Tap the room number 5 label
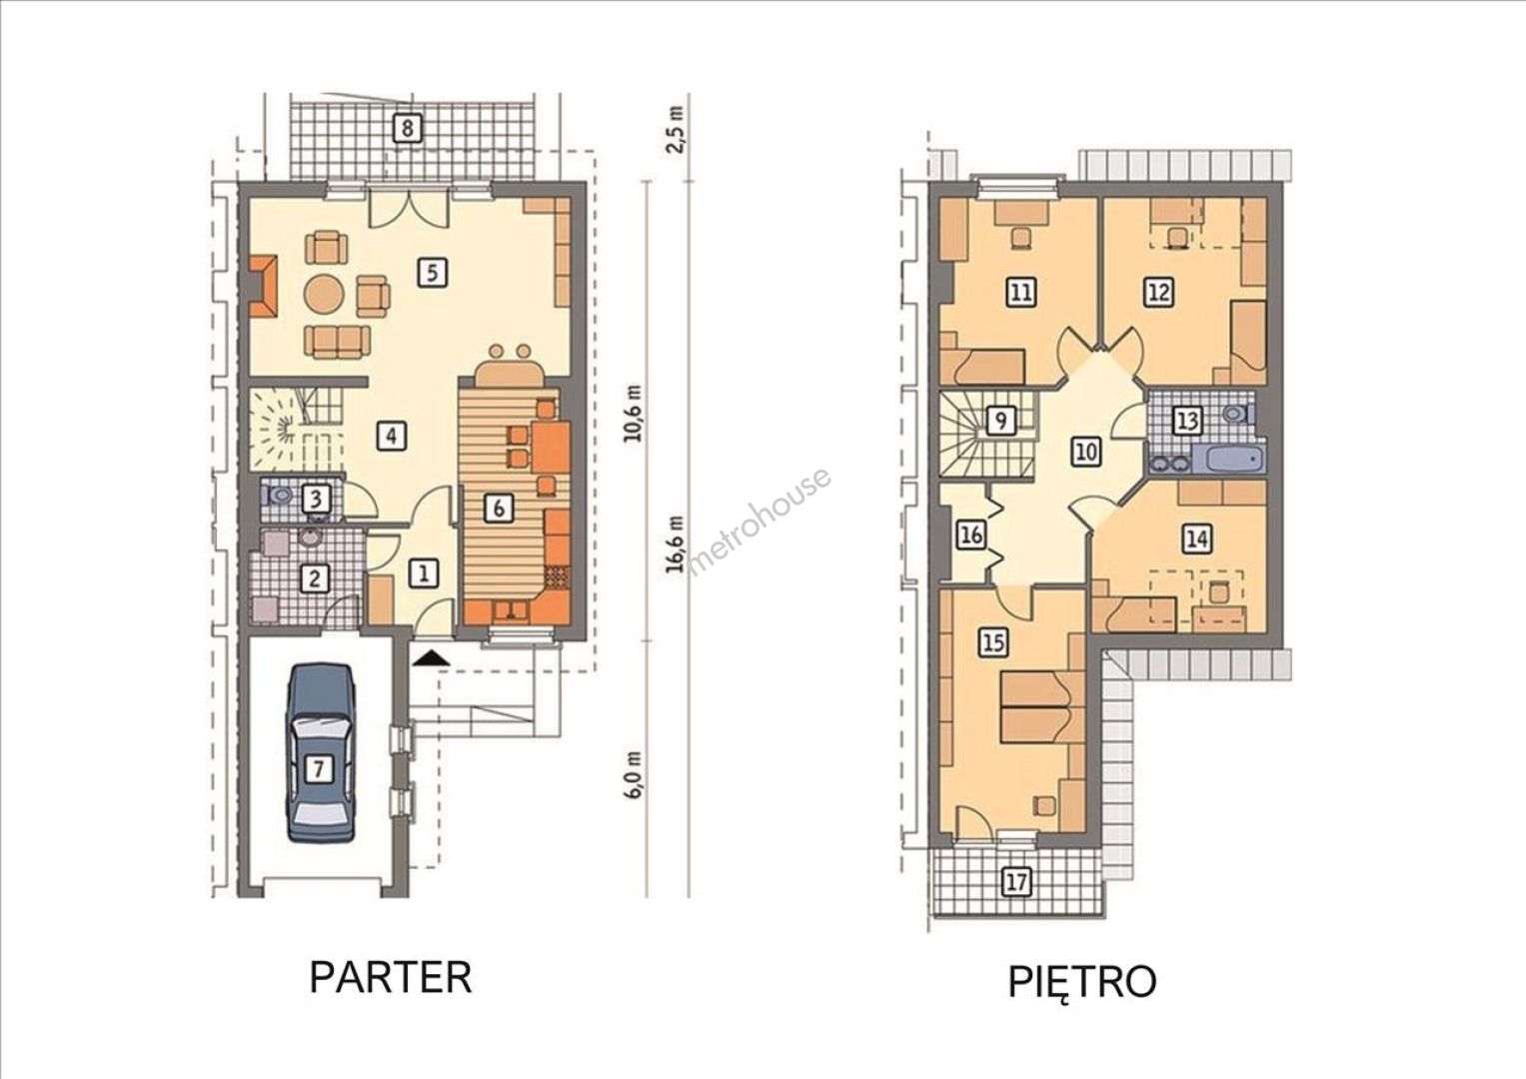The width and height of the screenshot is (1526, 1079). pos(433,273)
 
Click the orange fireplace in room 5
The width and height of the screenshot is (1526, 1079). pos(263,286)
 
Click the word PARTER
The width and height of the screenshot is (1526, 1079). pos(391,978)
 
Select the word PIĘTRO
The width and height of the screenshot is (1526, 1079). pos(1082,981)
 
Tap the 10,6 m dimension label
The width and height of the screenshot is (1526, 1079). pos(634,415)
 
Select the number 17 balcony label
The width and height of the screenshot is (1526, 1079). pos(1015,883)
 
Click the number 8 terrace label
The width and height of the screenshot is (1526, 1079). pos(408,128)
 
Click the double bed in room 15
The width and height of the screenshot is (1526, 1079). pos(1034,707)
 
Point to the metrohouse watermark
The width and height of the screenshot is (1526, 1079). pos(760,522)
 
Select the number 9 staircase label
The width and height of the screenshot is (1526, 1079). pos(1000,421)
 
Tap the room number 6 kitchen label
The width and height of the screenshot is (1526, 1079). pos(499,509)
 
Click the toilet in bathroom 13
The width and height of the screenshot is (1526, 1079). pos(1239,413)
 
